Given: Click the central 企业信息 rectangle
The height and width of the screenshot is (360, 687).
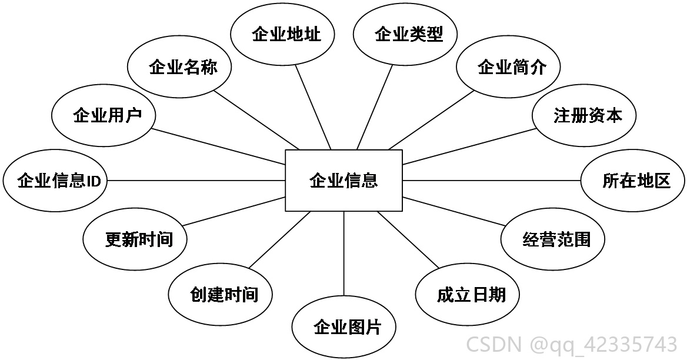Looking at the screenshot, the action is (343, 181).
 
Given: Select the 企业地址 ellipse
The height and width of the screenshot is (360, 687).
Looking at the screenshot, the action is (282, 34).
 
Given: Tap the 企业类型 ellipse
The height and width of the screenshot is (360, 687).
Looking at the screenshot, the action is (405, 34).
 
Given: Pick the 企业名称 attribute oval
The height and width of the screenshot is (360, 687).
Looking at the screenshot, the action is (179, 67).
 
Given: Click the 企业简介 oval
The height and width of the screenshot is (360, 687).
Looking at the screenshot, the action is (508, 67).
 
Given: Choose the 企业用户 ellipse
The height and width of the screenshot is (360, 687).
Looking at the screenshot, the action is (104, 116).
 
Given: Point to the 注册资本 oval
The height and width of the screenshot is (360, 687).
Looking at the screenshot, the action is (584, 116).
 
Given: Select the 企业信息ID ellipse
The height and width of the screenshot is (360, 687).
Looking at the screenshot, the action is (55, 181).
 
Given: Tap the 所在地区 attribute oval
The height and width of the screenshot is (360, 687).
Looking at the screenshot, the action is (633, 181).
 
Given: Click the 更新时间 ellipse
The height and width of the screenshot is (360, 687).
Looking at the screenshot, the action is (135, 239).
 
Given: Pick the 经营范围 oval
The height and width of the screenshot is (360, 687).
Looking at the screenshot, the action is (553, 239).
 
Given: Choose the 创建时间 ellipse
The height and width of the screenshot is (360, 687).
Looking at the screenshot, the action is (221, 294).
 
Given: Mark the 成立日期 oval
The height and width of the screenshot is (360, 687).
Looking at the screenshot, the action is (468, 294).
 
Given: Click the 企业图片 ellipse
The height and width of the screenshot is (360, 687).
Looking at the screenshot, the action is (344, 327).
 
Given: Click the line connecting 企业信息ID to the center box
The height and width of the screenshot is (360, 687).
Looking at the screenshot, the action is (196, 181).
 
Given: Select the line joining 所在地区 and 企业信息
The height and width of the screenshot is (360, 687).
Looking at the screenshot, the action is (492, 181).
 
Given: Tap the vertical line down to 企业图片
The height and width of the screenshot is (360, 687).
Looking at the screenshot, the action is (344, 254).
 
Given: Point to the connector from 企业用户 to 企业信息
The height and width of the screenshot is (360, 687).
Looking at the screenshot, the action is (218, 146).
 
